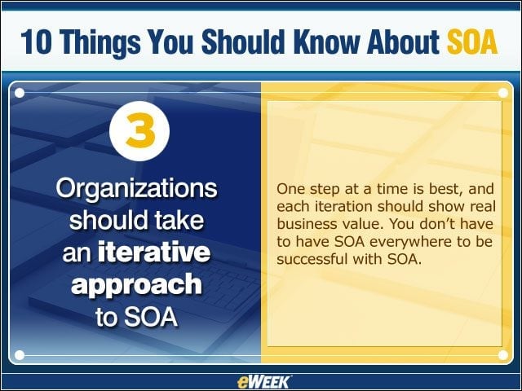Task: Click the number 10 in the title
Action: coord(36,42)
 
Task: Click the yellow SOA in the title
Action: coord(472,42)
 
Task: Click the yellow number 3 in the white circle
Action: coord(140,130)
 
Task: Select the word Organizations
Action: coord(136,190)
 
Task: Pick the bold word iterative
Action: coord(154,252)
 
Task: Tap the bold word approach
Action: coord(136,285)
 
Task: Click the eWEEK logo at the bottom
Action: coord(263,382)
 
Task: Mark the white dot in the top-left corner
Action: coord(20,93)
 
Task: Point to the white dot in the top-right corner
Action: coord(503,93)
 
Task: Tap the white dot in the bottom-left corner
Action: coord(20,355)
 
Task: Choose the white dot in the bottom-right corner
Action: coord(503,355)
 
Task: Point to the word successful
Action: coord(312,259)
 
